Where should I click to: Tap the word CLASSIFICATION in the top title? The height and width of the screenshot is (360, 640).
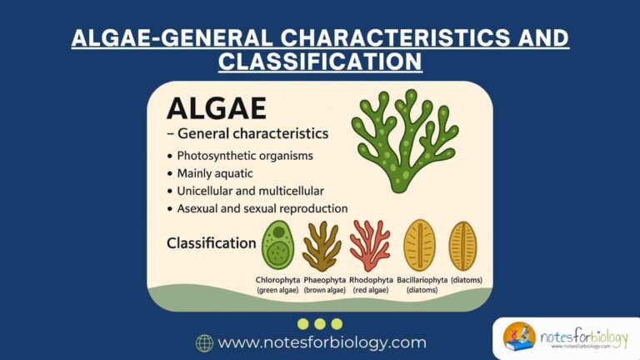(319, 62)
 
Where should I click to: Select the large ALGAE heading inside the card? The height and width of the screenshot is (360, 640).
(217, 109)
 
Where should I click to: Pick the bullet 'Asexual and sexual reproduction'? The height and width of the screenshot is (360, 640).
(262, 208)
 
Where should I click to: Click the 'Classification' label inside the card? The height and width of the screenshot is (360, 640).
(211, 243)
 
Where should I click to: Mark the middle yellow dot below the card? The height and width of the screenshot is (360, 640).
(320, 323)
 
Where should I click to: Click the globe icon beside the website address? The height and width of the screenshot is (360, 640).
(204, 342)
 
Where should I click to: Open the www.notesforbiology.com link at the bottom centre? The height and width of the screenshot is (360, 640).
(322, 342)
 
